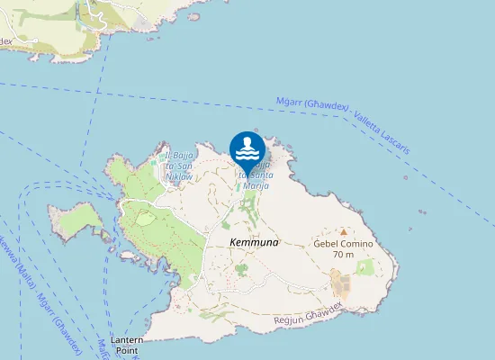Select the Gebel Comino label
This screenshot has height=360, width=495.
click(x=342, y=244)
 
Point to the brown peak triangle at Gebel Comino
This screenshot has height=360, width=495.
click(x=343, y=231)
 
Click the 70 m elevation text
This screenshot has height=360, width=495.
click(x=343, y=255)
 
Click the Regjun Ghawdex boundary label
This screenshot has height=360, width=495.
click(x=309, y=314)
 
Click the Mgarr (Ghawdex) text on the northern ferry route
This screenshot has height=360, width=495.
click(x=312, y=104)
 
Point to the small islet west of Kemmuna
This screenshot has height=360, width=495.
click(x=76, y=219)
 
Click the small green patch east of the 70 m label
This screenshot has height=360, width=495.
click(x=364, y=266)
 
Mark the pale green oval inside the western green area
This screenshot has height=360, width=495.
click(x=144, y=217)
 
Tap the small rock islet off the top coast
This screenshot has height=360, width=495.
click(x=194, y=15)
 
